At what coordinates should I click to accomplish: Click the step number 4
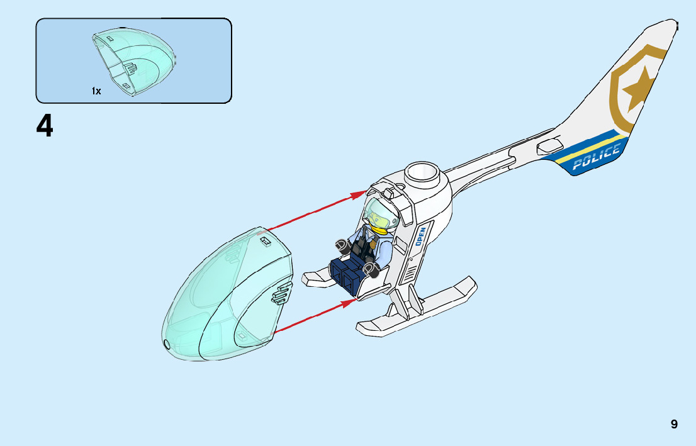coord(45,127)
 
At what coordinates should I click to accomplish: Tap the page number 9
coord(674,424)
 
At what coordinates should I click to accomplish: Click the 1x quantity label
coord(96,91)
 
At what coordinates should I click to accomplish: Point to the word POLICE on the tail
coord(596,158)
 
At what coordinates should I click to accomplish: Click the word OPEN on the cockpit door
coord(420,236)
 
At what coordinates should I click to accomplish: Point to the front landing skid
coord(415,308)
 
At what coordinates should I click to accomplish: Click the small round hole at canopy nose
coord(167,344)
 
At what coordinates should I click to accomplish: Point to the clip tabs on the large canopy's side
coord(282,293)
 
